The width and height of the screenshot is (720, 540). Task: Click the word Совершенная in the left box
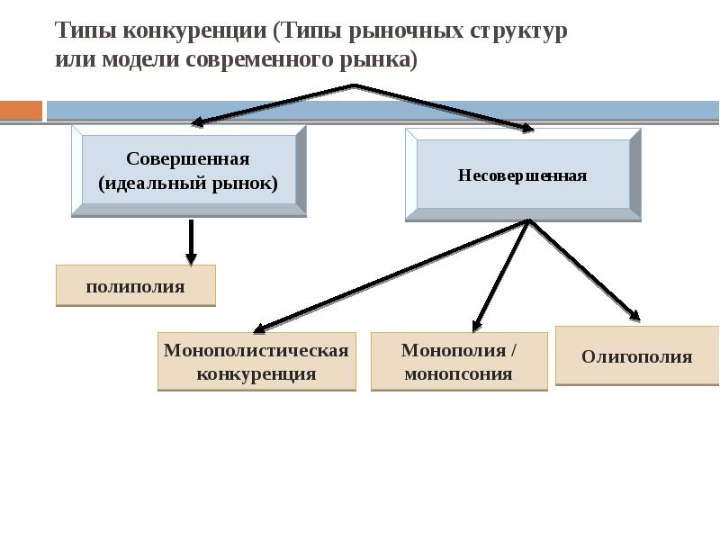[187, 159]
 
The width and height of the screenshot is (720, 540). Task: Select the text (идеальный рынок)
[187, 183]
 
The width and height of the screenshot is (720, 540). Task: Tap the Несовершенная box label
[522, 175]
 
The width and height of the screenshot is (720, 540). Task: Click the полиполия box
[135, 286]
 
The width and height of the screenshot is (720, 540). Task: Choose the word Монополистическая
[256, 350]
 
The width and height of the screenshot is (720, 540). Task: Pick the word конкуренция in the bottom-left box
[256, 373]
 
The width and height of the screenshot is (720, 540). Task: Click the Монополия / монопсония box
[459, 362]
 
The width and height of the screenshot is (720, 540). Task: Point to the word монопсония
[458, 373]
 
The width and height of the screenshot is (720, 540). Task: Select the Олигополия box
[636, 356]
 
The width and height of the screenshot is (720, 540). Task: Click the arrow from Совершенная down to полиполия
[191, 241]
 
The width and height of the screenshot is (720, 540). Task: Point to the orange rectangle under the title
[21, 111]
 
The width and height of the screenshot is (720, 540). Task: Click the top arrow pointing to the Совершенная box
[270, 104]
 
